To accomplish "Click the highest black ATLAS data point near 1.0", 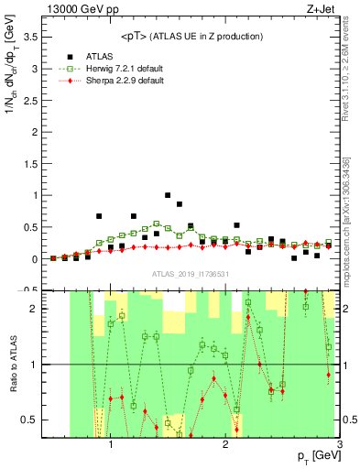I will (168, 195).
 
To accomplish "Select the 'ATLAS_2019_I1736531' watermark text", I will (191, 275).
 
